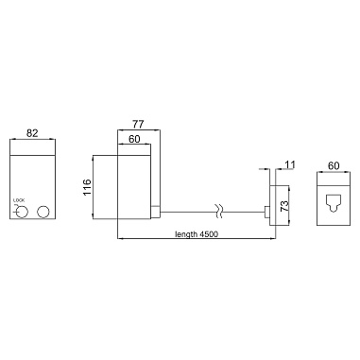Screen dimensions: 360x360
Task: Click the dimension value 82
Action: click(x=32, y=133)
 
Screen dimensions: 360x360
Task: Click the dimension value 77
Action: click(x=138, y=125)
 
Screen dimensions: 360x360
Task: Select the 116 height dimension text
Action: click(x=87, y=187)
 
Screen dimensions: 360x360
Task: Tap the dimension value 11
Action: click(x=290, y=164)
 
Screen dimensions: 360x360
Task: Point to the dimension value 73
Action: click(x=284, y=206)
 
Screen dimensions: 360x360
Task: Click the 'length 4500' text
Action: click(x=197, y=234)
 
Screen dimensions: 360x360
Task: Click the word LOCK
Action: click(x=19, y=200)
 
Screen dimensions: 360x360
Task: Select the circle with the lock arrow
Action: click(x=22, y=212)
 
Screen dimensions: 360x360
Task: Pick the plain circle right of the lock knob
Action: click(x=43, y=212)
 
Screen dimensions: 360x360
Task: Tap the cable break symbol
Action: click(x=219, y=212)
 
